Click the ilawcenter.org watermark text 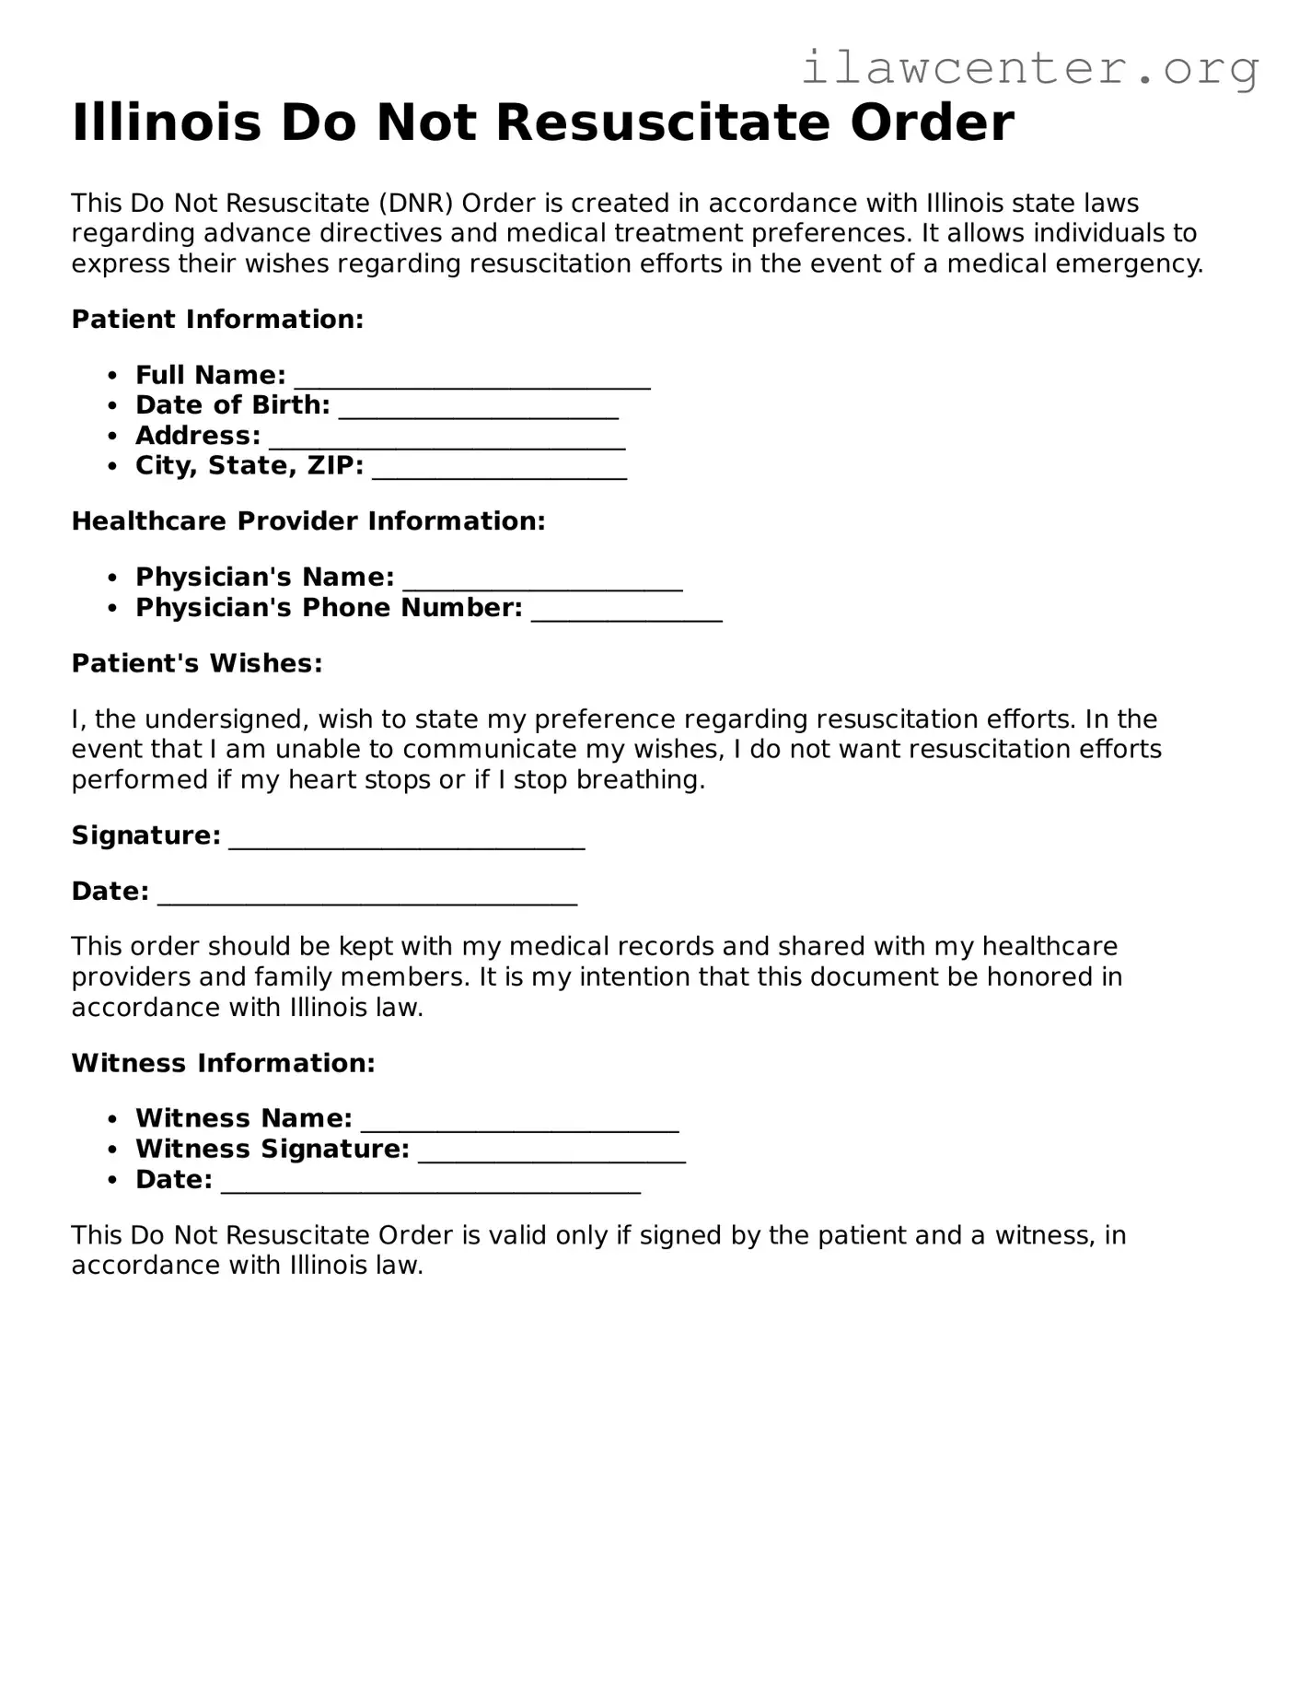1029,68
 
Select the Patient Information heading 217,320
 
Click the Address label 198,436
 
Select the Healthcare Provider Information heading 308,521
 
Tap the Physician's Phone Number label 329,608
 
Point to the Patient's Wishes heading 197,663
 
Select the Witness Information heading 223,1063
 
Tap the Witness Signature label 272,1150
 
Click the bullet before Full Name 112,376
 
